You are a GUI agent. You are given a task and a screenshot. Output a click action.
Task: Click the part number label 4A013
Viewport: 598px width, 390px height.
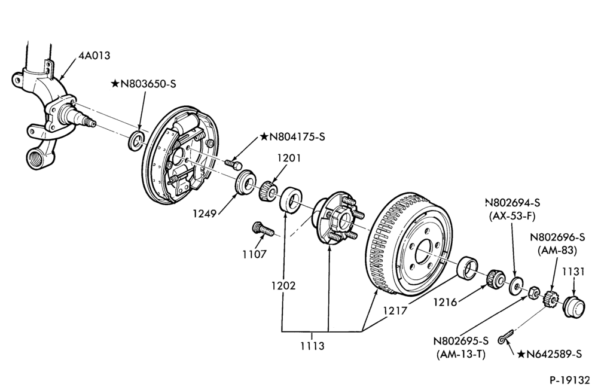click(94, 56)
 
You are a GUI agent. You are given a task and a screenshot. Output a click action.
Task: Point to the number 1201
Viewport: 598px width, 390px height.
click(289, 157)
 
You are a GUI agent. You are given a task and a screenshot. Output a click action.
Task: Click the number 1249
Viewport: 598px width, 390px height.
click(205, 214)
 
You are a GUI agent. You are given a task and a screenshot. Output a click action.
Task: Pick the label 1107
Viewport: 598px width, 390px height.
click(254, 254)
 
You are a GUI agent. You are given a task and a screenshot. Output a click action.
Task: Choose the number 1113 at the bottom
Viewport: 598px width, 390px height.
click(312, 346)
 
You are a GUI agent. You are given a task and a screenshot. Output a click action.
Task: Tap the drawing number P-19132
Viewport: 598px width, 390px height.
click(569, 380)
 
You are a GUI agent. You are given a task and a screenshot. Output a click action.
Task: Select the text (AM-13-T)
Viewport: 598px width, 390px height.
click(460, 355)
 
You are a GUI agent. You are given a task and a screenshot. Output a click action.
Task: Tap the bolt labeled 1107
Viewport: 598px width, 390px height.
click(263, 230)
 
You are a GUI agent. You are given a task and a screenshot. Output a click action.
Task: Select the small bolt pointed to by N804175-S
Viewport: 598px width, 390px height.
click(233, 164)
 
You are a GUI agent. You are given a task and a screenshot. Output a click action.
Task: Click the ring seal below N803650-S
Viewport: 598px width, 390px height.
click(136, 139)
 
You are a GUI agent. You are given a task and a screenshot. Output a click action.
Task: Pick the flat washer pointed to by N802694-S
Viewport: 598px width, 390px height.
click(517, 286)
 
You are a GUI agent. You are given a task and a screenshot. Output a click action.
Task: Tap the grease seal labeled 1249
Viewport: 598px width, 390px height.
click(245, 182)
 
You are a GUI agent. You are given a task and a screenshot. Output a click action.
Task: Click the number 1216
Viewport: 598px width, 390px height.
click(445, 302)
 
